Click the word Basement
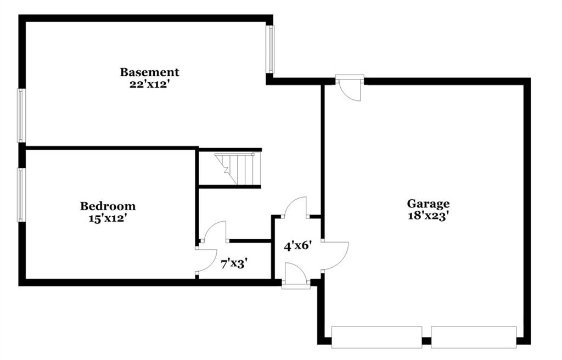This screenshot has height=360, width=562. click(149, 72)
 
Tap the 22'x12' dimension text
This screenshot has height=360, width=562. click(149, 85)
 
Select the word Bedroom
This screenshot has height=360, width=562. click(108, 206)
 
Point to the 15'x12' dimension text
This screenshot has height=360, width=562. click(108, 218)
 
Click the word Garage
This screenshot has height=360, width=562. click(428, 204)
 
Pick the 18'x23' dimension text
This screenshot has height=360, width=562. click(428, 216)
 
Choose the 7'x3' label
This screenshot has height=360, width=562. click(234, 265)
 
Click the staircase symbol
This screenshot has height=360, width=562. click(235, 168)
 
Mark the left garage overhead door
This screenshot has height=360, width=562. click(376, 337)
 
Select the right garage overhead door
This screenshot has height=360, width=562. click(474, 337)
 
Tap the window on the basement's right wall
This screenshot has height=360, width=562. click(271, 49)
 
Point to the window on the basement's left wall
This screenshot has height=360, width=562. click(21, 115)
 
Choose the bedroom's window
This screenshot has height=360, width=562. click(21, 195)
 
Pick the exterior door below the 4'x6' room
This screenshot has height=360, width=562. click(296, 275)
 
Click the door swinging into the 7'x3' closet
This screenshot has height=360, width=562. click(215, 231)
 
